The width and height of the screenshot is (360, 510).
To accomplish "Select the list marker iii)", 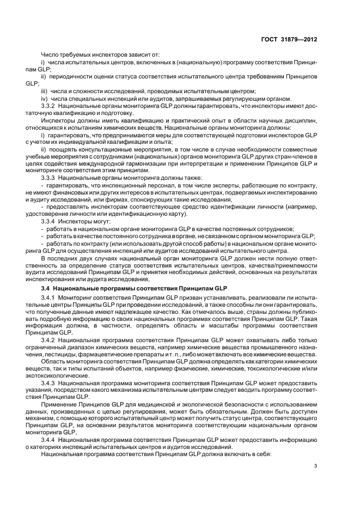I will pos(45,90).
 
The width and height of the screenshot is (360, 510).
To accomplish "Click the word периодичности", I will pos(71,77).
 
